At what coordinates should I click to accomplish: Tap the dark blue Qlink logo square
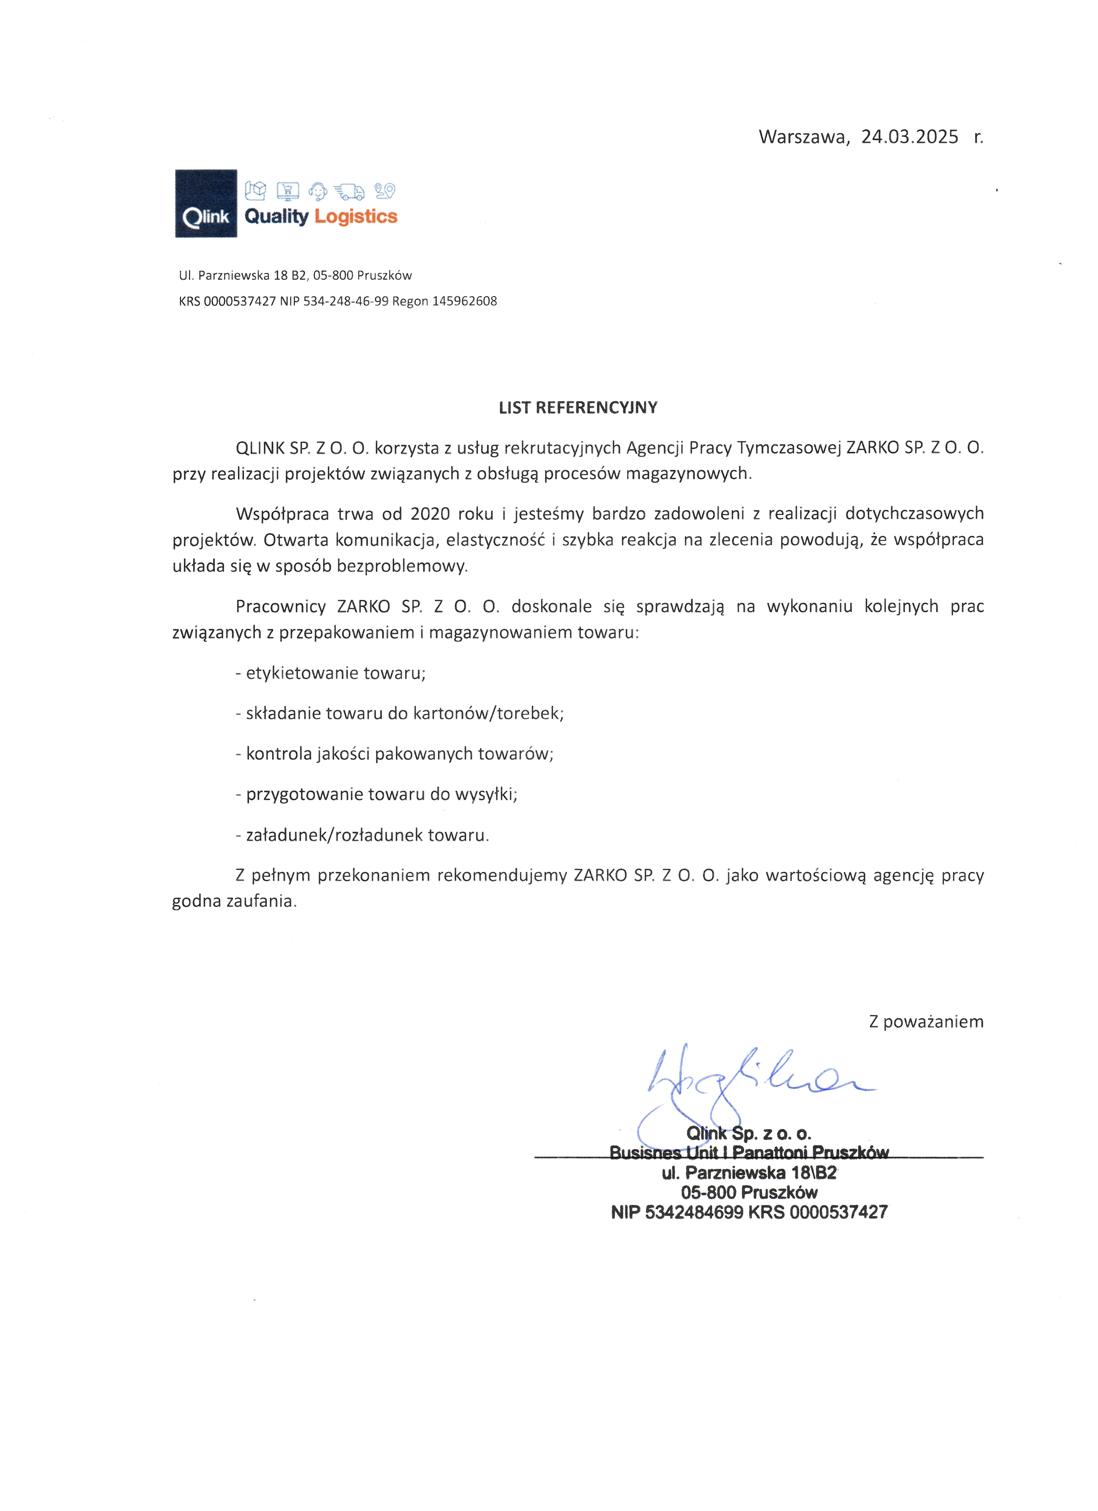(206, 203)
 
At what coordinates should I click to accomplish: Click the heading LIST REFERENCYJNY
(578, 408)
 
